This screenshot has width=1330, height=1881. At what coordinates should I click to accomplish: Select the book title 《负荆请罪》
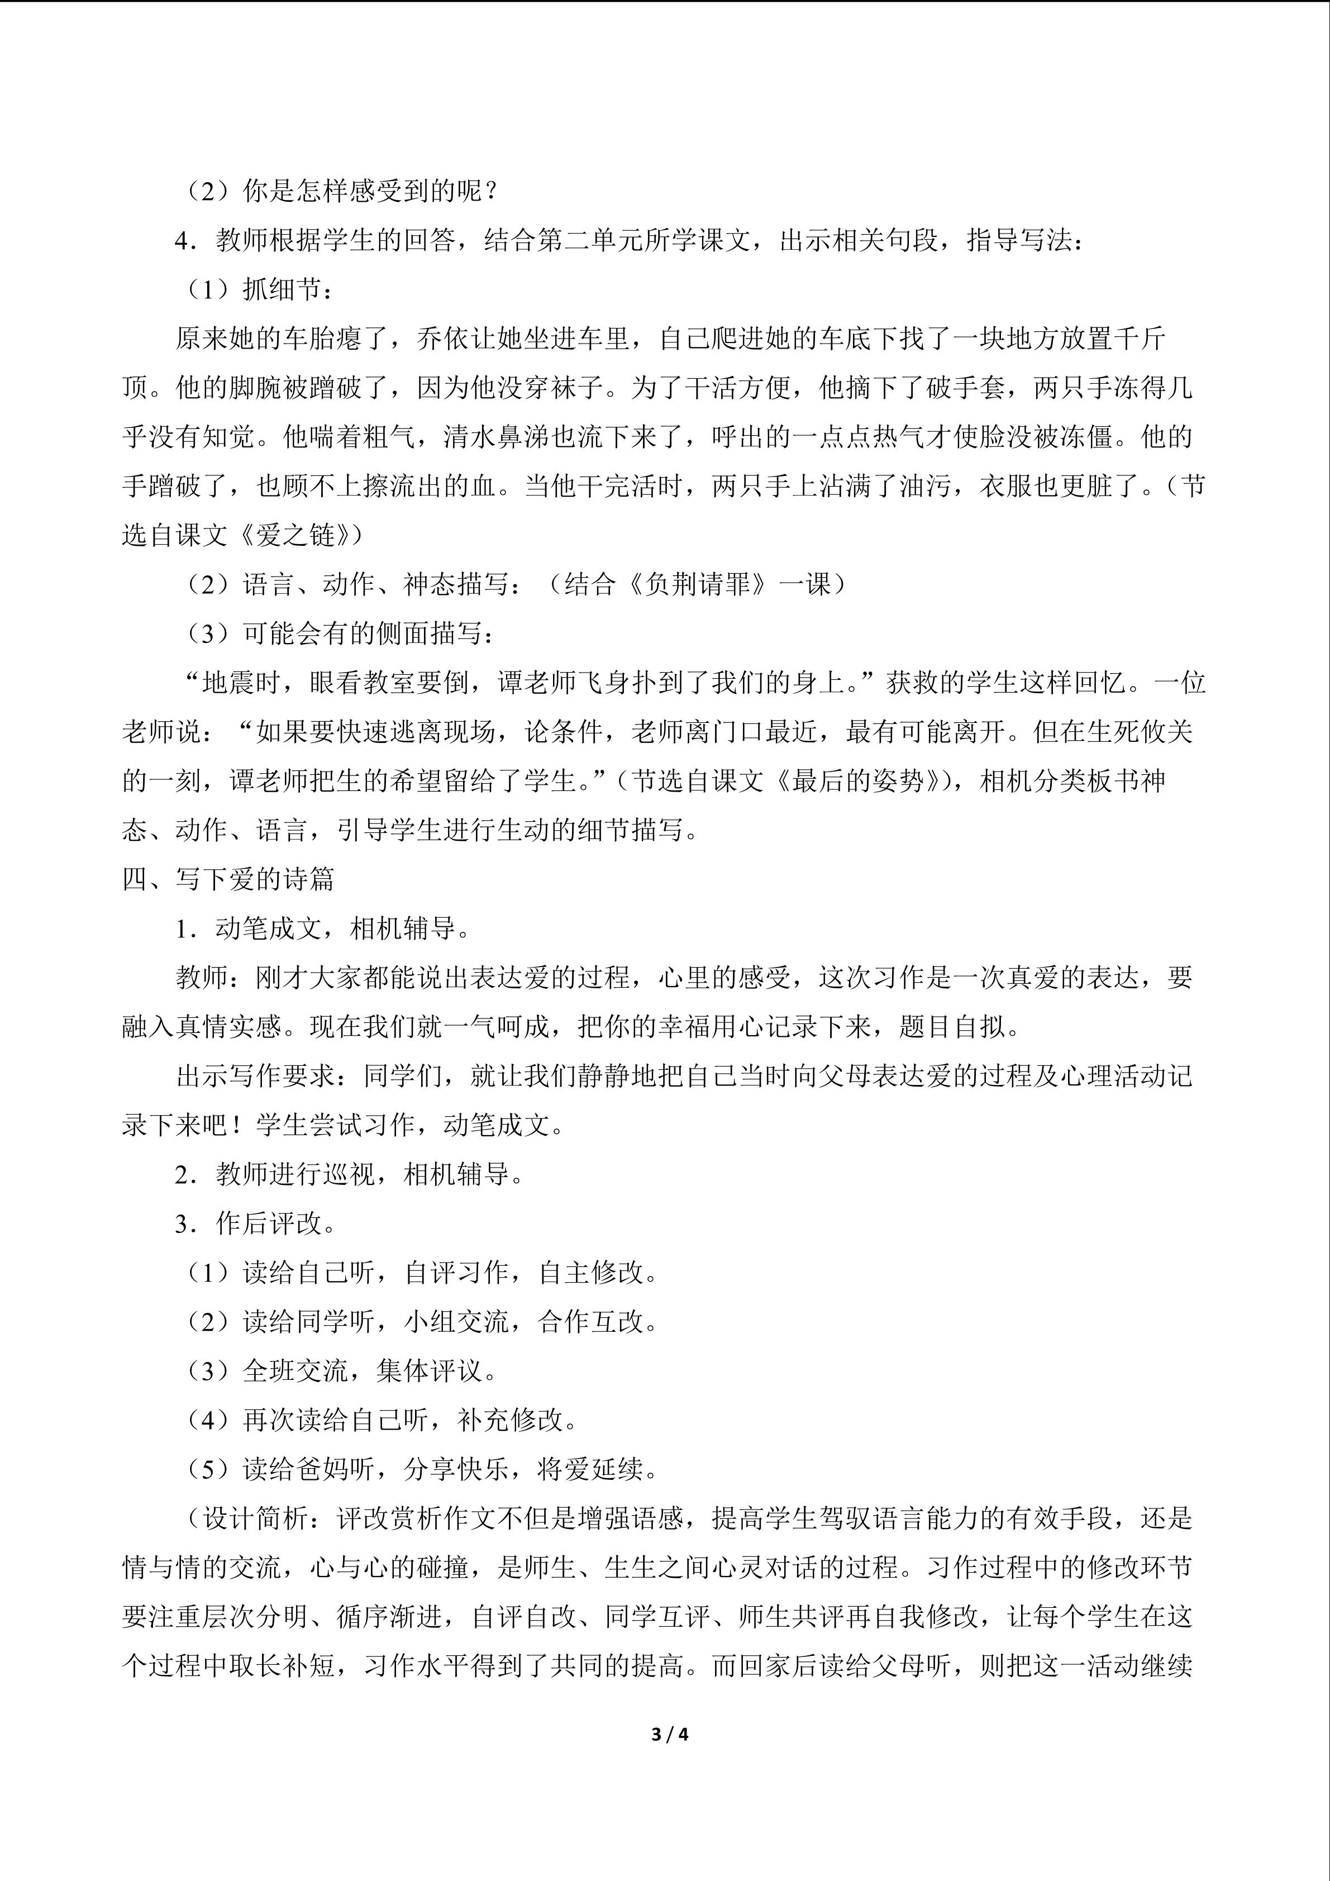click(699, 585)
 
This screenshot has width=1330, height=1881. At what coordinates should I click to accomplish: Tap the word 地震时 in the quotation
click(242, 683)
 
